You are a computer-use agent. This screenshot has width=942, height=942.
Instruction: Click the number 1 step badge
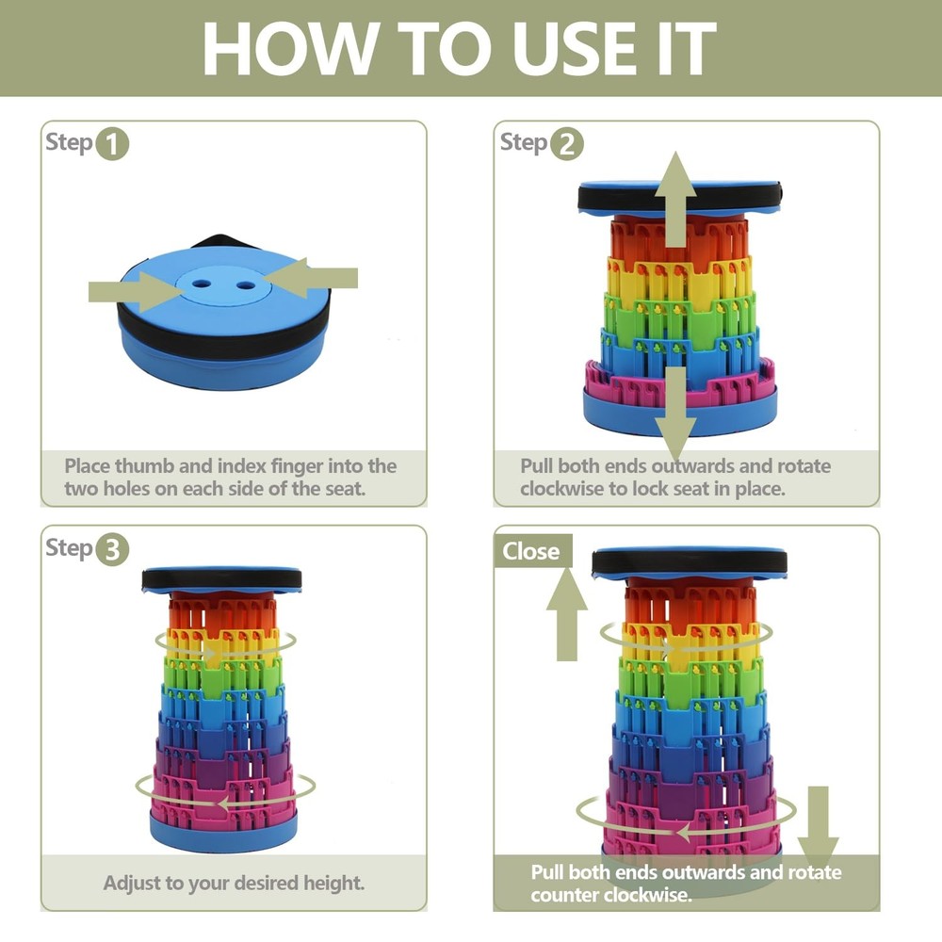click(x=112, y=144)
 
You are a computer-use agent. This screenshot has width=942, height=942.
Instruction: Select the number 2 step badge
click(x=566, y=144)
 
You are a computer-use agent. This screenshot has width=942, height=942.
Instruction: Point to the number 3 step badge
click(x=112, y=549)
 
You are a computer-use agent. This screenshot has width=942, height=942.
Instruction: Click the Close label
click(x=531, y=551)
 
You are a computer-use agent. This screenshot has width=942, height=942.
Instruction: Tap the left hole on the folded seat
click(x=202, y=284)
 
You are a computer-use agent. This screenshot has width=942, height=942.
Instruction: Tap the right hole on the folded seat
click(x=245, y=285)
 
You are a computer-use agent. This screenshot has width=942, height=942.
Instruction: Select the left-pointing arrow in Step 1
click(x=310, y=278)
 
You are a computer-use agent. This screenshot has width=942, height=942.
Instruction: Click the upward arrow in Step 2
click(x=675, y=199)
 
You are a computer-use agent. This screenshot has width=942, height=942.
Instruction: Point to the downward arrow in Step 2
click(x=675, y=414)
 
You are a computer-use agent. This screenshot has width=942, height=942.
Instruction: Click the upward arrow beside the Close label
click(x=566, y=614)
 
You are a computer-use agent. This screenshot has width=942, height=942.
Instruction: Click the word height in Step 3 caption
click(x=334, y=884)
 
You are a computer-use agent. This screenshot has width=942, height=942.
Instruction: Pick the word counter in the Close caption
click(x=564, y=895)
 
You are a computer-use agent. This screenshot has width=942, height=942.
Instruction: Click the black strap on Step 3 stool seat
click(x=221, y=579)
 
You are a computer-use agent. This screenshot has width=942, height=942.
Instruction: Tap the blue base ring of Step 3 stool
click(x=223, y=831)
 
